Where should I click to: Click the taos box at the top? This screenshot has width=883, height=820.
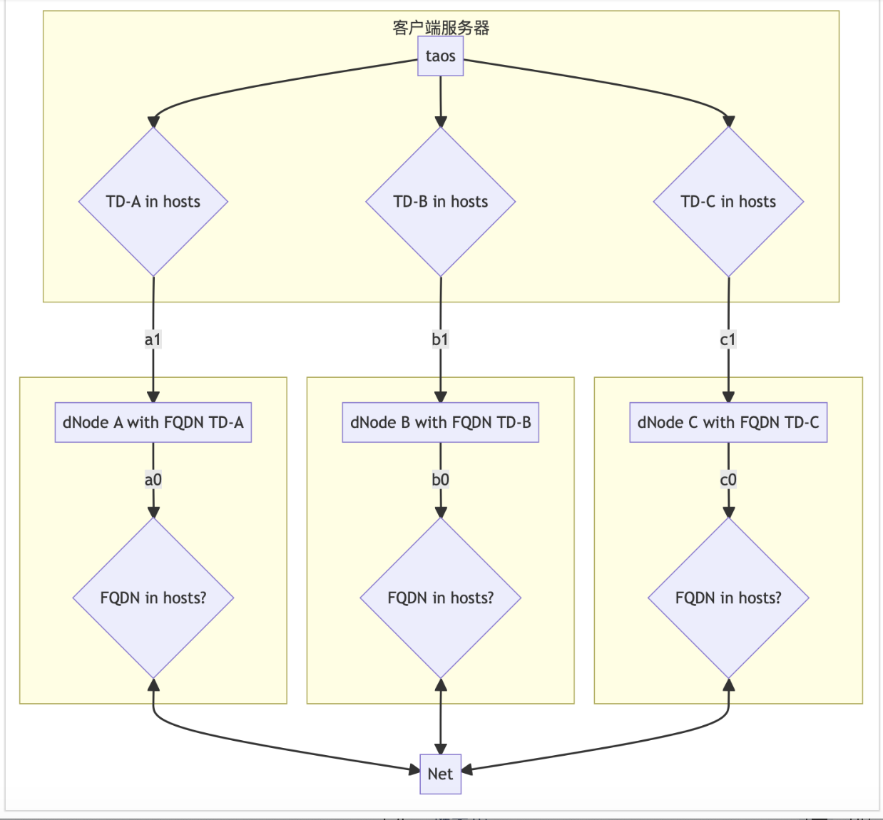440,56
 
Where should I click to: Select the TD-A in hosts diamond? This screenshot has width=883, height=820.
153,202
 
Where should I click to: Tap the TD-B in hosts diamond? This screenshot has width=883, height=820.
440,202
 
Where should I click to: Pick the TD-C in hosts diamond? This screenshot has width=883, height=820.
728,202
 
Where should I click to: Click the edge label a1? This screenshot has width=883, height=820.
153,339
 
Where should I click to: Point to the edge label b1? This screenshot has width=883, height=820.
440,339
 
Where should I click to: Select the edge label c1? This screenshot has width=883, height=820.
728,339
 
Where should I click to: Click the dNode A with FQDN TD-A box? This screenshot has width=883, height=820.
153,422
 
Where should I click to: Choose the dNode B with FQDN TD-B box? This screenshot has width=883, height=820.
440,422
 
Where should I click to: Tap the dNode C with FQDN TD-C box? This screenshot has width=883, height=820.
728,422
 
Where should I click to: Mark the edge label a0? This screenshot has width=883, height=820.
153,480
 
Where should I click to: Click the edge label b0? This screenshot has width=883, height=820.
440,480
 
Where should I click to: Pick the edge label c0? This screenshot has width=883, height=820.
728,480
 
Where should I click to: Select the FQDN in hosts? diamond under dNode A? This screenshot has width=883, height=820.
153,598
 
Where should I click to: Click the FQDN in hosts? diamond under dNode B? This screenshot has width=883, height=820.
440,598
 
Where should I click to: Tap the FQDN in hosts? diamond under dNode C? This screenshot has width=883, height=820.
728,598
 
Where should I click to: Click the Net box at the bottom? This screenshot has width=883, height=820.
440,774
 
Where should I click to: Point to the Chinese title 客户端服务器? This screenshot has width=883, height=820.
441,28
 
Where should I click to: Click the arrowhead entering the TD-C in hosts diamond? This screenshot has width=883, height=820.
728,121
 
